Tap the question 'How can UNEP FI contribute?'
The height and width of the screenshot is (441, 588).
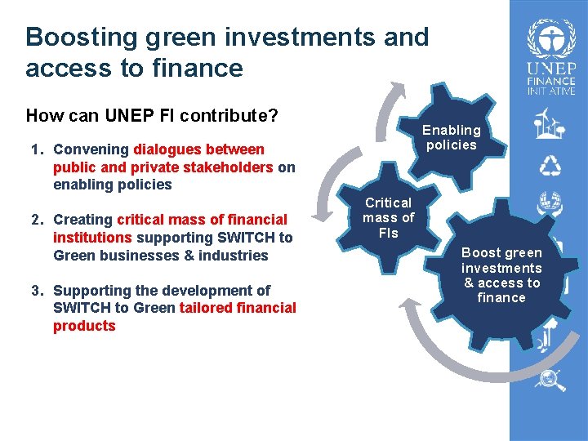click(153, 116)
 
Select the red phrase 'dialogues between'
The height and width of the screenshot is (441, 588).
click(198, 149)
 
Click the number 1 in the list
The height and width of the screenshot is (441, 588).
click(36, 149)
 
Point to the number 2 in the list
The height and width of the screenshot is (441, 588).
click(36, 220)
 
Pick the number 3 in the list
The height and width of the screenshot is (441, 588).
click(36, 291)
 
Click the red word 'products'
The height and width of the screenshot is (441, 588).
click(84, 326)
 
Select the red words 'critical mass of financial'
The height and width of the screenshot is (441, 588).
click(202, 220)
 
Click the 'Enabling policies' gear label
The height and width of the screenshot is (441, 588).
click(451, 137)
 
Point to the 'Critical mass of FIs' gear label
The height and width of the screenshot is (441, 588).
click(388, 217)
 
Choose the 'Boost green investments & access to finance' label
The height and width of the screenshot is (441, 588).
click(501, 275)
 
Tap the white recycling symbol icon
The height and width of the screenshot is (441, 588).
click(550, 165)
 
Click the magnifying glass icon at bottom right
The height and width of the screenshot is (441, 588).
click(550, 378)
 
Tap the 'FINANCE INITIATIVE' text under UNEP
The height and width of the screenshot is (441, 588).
click(550, 86)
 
